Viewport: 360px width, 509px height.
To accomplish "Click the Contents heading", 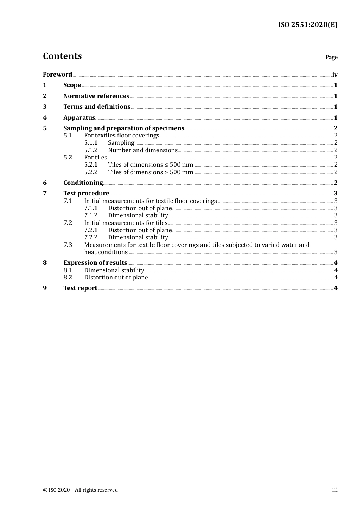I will pyautogui.click(x=62, y=56).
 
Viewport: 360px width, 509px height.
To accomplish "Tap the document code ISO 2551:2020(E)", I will pyautogui.click(x=307, y=25).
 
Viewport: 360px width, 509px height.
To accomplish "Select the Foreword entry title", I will pyautogui.click(x=57, y=74).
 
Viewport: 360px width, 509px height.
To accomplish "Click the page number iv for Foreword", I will pyautogui.click(x=335, y=74).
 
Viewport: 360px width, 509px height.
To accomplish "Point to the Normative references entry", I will pyautogui.click(x=96, y=96).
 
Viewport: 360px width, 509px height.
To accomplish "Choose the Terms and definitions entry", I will pyautogui.click(x=97, y=106).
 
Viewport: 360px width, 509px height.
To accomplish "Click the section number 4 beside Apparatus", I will pyautogui.click(x=45, y=117).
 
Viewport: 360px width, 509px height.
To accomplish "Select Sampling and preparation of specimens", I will pyautogui.click(x=124, y=128).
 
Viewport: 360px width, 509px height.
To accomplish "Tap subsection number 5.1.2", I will pyautogui.click(x=91, y=150).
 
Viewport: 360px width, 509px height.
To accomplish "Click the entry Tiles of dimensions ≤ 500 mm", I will pyautogui.click(x=150, y=164).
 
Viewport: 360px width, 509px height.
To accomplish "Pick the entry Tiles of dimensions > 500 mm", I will pyautogui.click(x=150, y=172).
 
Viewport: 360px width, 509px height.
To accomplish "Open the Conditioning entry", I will pyautogui.click(x=83, y=183).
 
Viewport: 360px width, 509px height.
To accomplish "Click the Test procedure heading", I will pyautogui.click(x=86, y=193).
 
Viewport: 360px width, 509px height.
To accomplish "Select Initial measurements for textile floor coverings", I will pyautogui.click(x=150, y=201).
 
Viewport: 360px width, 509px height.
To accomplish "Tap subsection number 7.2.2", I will pyautogui.click(x=91, y=237).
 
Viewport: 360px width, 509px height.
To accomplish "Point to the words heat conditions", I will pyautogui.click(x=106, y=252).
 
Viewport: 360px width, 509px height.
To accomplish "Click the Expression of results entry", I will pyautogui.click(x=95, y=262).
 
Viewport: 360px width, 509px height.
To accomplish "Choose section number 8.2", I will pyautogui.click(x=67, y=277).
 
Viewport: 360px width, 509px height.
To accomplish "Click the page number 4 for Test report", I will pyautogui.click(x=335, y=288).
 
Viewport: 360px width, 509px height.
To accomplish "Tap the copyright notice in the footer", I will pyautogui.click(x=80, y=490).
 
